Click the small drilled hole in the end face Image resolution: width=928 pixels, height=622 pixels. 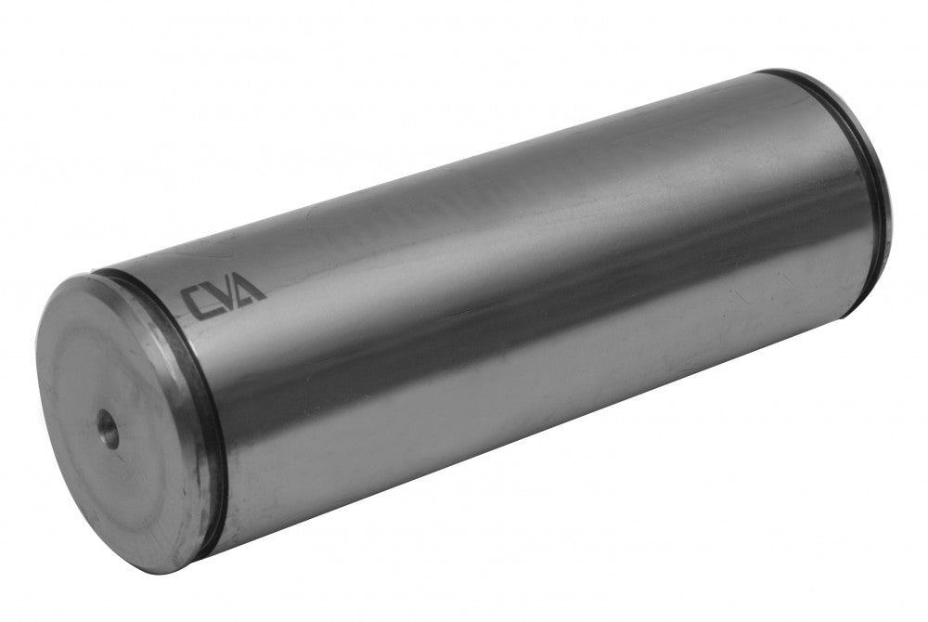(x=108, y=428)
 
